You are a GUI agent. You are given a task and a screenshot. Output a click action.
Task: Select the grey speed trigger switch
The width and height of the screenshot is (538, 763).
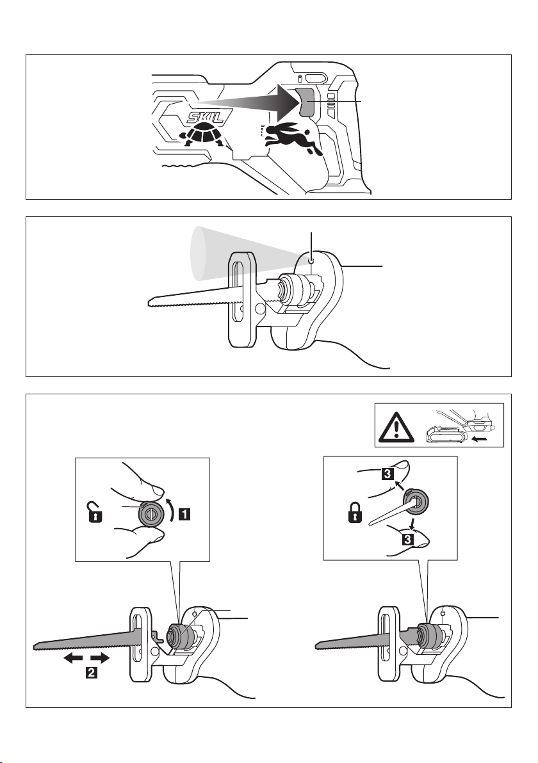[x=306, y=102]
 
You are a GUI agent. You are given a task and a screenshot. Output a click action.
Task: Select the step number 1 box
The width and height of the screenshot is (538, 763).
[x=184, y=514]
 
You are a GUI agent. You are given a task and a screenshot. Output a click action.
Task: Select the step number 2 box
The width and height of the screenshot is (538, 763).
[x=91, y=673]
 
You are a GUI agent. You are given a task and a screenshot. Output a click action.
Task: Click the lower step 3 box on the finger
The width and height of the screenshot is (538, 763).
[x=407, y=539]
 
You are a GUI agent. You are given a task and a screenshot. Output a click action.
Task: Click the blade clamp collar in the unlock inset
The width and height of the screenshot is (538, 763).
[x=149, y=513]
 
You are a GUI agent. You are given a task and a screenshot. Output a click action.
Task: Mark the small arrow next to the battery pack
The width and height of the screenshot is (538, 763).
[x=480, y=438]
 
